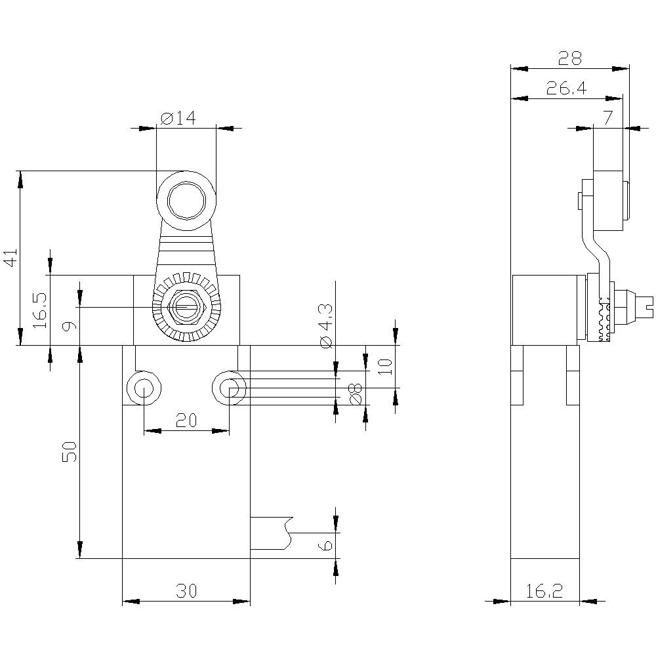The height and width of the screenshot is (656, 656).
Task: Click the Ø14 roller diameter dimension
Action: click(178, 118)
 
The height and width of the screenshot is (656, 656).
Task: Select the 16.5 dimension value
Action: click(41, 310)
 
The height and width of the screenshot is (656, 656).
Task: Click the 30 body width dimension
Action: click(186, 591)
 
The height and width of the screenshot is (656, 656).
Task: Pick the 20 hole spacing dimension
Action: click(187, 420)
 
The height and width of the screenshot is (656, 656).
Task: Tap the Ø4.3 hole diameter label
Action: click(326, 326)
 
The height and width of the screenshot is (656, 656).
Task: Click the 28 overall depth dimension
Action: click(569, 58)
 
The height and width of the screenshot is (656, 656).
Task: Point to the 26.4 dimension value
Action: click(566, 89)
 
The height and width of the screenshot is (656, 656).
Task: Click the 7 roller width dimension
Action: click(607, 119)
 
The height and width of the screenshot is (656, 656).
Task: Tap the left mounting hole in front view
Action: click(142, 389)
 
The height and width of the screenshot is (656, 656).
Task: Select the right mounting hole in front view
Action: click(229, 389)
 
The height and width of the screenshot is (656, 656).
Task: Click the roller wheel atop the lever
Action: click(186, 199)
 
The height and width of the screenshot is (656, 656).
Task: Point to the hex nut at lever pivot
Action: click(186, 307)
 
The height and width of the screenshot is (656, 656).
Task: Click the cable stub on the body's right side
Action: click(269, 533)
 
